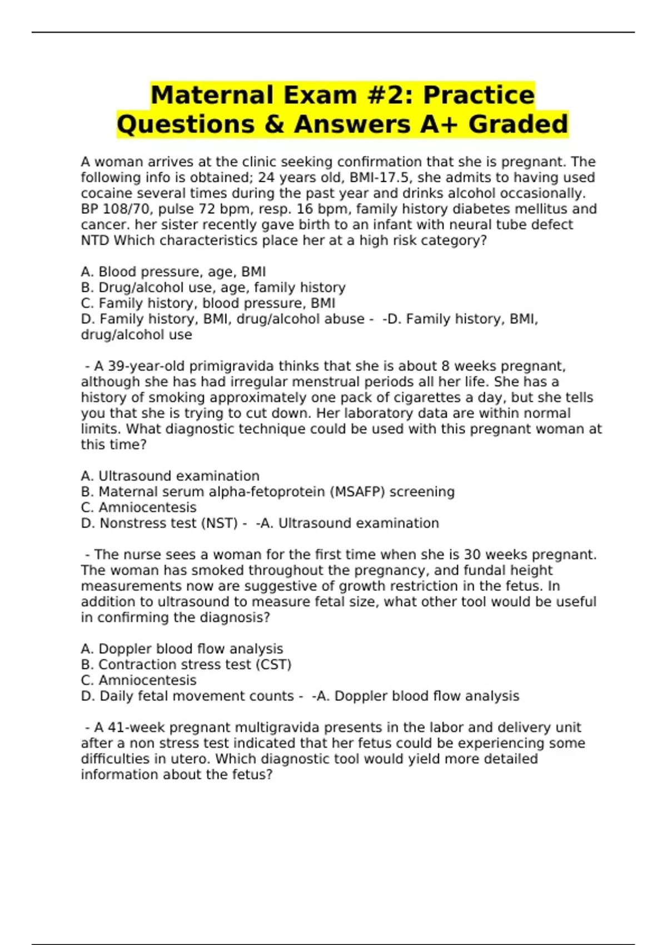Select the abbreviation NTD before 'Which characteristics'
[x=95, y=241]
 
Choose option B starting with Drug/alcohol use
[x=213, y=287]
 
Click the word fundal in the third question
[x=485, y=570]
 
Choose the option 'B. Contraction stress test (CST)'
[x=186, y=665]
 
